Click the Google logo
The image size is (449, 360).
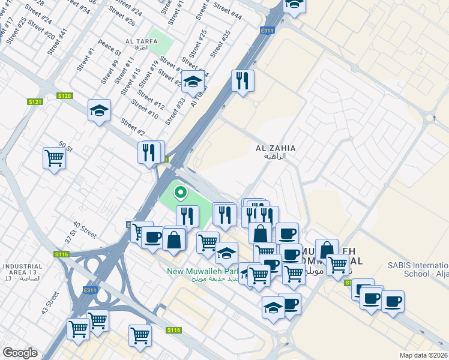click(x=20, y=353)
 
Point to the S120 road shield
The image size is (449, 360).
click(x=65, y=96)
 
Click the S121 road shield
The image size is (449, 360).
click(x=36, y=102)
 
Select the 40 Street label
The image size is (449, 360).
click(x=84, y=230)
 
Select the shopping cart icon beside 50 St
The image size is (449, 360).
click(x=54, y=159)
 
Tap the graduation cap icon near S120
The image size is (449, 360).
click(x=99, y=110)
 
